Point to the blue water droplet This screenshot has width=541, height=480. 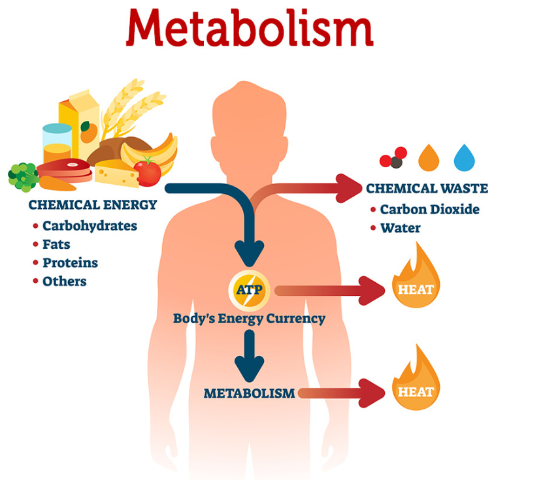(465, 157)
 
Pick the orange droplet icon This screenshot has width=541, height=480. (429, 157)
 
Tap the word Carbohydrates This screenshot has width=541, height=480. (90, 226)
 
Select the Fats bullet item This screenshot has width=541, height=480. (56, 245)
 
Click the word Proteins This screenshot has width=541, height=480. (70, 263)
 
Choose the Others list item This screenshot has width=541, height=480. (64, 281)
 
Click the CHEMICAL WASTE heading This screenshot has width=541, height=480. (427, 189)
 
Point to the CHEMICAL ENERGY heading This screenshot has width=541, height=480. (93, 205)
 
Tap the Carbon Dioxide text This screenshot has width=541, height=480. (429, 210)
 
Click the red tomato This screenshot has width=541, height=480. (148, 172)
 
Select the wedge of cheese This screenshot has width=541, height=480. (116, 173)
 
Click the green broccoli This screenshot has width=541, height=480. (23, 175)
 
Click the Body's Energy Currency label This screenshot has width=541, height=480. (249, 319)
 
